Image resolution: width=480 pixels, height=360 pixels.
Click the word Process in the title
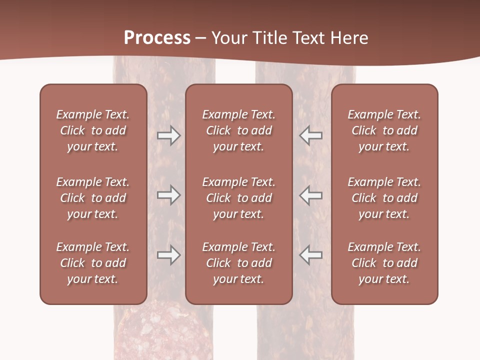[x=157, y=38]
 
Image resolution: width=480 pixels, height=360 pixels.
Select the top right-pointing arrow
[x=168, y=135]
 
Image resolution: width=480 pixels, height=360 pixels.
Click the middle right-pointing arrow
[x=168, y=195]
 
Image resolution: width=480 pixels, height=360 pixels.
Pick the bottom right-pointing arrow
[x=168, y=255]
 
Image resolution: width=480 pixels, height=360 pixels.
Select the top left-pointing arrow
[x=310, y=135]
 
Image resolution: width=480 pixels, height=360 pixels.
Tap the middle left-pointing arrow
[x=310, y=195]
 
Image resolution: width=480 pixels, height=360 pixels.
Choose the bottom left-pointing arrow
[x=310, y=255]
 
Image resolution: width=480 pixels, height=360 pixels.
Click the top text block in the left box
[x=93, y=130]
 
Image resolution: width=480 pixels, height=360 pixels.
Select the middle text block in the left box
[x=93, y=198]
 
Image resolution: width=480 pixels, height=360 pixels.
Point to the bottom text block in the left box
[x=93, y=263]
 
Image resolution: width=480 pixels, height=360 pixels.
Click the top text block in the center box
[x=238, y=130]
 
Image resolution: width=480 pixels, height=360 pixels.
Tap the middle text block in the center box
[x=238, y=198]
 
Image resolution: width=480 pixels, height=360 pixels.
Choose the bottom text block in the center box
[x=238, y=263]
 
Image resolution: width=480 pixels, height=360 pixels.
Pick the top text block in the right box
[x=384, y=130]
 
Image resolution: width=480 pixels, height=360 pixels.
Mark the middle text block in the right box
[x=384, y=198]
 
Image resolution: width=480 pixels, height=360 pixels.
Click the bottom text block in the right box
[x=384, y=263]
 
